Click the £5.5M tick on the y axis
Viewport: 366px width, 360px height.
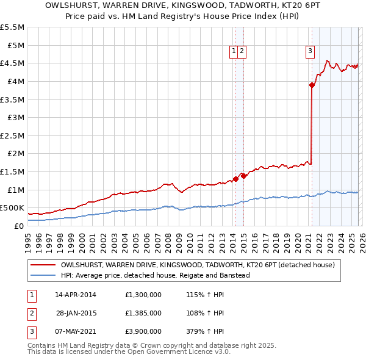tap(13, 27)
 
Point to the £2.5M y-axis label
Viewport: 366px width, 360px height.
tap(13, 135)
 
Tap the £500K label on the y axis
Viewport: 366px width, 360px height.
tap(12, 208)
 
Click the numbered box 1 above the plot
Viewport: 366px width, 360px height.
tap(234, 51)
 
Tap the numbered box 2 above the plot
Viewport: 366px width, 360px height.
tap(242, 51)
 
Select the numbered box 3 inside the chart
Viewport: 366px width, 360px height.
tap(310, 51)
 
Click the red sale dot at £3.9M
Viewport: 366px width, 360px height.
tap(312, 85)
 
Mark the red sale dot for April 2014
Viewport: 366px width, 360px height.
tap(235, 179)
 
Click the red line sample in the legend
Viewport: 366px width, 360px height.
tap(43, 265)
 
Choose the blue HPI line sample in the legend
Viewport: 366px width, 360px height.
tap(43, 275)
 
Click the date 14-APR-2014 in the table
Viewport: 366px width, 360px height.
tap(76, 295)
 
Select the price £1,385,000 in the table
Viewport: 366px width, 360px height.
tap(142, 312)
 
